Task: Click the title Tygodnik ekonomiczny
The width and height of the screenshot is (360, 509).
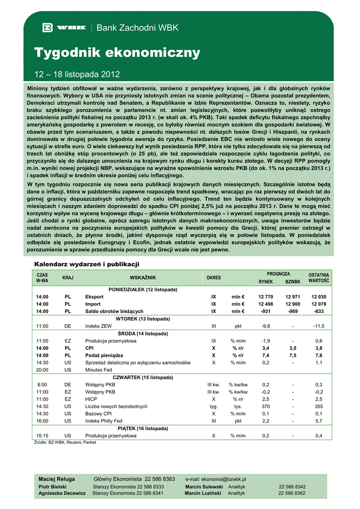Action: coord(117,52)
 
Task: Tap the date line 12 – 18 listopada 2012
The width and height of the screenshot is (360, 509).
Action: coord(77,75)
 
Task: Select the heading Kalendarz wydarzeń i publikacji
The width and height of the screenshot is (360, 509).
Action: coord(87,263)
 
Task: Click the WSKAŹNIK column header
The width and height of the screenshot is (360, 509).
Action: coord(143,277)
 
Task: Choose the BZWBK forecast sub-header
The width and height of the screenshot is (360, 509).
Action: coord(293,281)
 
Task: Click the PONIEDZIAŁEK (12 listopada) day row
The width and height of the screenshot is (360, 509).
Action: coord(143,289)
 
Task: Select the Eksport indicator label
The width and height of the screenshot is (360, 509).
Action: coord(94,297)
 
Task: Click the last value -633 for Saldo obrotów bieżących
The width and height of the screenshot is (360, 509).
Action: coord(319,311)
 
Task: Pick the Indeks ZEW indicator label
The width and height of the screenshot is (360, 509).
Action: coord(98,326)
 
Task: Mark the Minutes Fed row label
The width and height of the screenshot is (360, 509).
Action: coord(99,370)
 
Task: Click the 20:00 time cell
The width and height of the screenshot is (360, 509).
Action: coord(42,370)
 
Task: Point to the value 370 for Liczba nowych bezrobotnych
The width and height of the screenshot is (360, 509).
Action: coord(266,406)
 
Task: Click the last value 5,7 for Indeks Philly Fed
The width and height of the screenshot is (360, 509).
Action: coord(319,421)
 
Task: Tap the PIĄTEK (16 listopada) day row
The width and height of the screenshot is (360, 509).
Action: coord(143,428)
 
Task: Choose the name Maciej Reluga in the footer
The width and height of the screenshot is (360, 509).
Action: coord(57,479)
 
